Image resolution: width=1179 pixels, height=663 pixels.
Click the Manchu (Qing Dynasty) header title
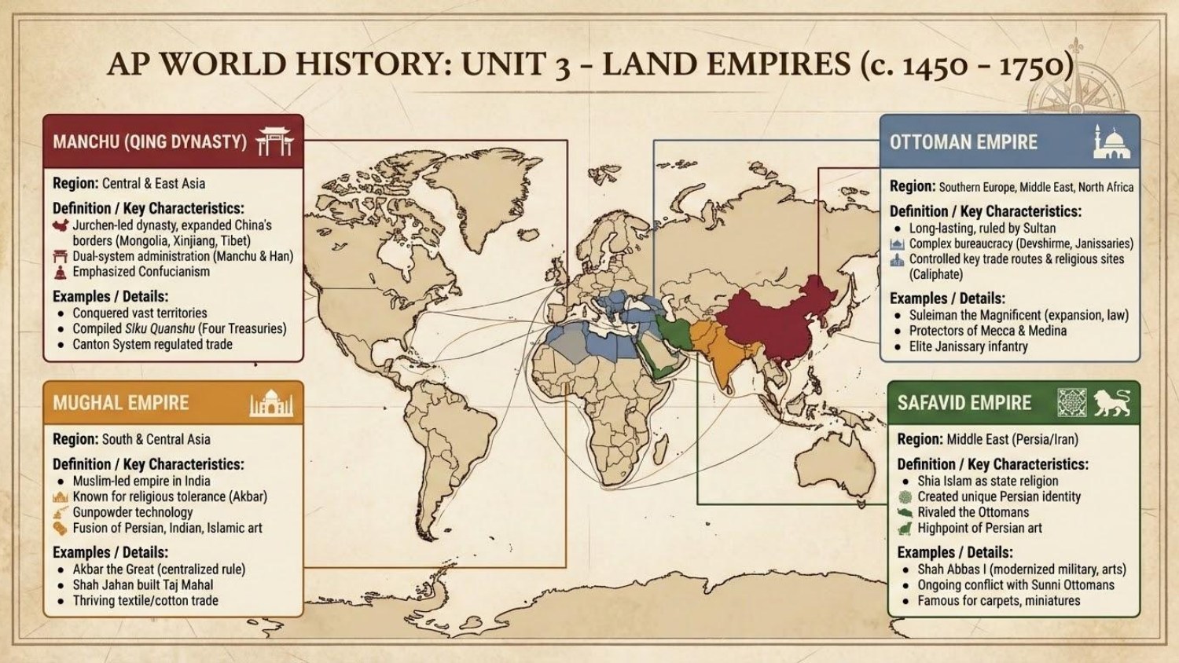(149, 142)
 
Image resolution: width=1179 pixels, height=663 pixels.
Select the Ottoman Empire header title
(963, 142)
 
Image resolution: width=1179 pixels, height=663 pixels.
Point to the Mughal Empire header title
(121, 403)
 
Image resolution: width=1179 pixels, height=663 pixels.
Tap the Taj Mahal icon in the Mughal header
(271, 403)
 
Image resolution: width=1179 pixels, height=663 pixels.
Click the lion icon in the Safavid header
(1111, 402)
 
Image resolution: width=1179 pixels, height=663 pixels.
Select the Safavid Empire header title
(964, 403)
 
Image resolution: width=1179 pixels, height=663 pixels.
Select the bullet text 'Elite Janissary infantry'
(968, 346)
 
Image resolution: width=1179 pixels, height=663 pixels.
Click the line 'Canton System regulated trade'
(152, 344)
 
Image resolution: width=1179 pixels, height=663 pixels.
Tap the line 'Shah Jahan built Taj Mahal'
(142, 585)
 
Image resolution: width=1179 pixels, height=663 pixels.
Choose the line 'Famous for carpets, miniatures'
(998, 601)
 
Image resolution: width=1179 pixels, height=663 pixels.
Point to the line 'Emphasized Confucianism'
(141, 272)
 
